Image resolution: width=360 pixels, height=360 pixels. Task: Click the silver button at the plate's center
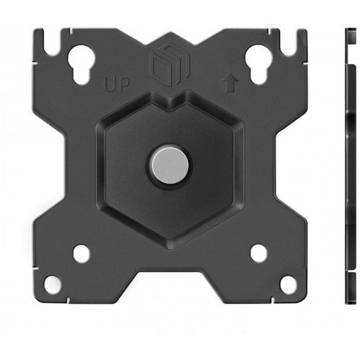(x=170, y=165)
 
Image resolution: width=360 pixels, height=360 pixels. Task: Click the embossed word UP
(x=117, y=84)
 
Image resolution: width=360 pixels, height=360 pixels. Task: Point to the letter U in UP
(x=111, y=84)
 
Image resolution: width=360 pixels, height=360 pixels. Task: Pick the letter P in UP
(x=124, y=84)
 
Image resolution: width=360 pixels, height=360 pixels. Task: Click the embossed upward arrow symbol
(x=230, y=84)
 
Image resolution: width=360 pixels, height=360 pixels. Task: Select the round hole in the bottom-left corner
(x=53, y=284)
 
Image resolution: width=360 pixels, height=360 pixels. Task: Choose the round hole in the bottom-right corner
(x=288, y=284)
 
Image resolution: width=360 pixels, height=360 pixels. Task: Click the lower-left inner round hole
(x=81, y=253)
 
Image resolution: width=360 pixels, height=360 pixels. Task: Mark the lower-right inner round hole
(x=258, y=253)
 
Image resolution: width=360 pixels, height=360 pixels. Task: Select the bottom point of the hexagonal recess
(x=170, y=243)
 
